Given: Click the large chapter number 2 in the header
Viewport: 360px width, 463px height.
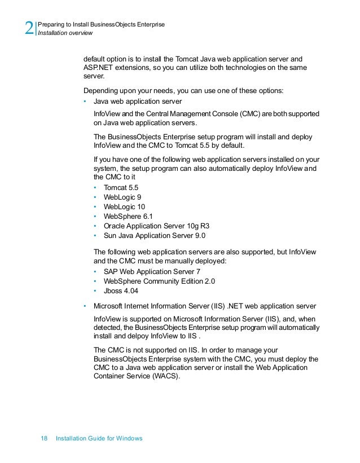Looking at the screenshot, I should pos(29,28).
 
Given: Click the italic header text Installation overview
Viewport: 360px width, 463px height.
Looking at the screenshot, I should pos(64,33).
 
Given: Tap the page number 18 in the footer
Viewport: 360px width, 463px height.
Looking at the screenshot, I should pos(45,438).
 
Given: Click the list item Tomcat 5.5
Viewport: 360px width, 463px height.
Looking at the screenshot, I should pos(121,187).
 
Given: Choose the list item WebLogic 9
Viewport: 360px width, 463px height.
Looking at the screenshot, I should pos(122,197).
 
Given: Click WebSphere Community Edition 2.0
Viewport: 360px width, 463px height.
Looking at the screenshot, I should pos(159,281).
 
